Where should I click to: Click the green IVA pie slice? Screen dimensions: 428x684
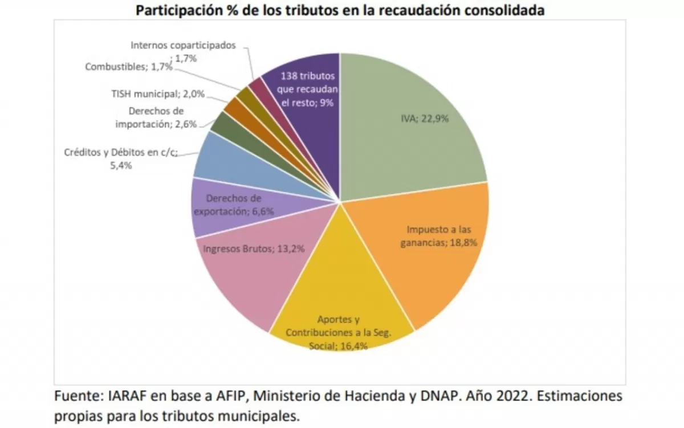tap(410, 131)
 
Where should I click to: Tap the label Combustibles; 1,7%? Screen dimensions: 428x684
tap(129, 67)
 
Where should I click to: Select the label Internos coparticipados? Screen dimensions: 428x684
tap(183, 46)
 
